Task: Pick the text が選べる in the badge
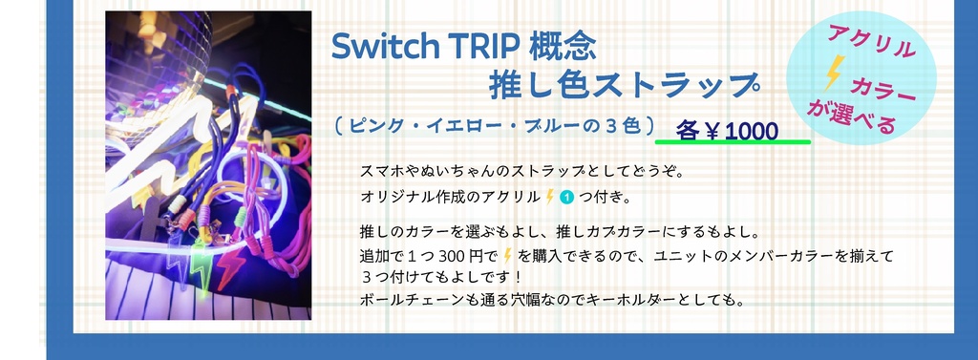click(853, 116)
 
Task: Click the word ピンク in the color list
click(373, 125)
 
